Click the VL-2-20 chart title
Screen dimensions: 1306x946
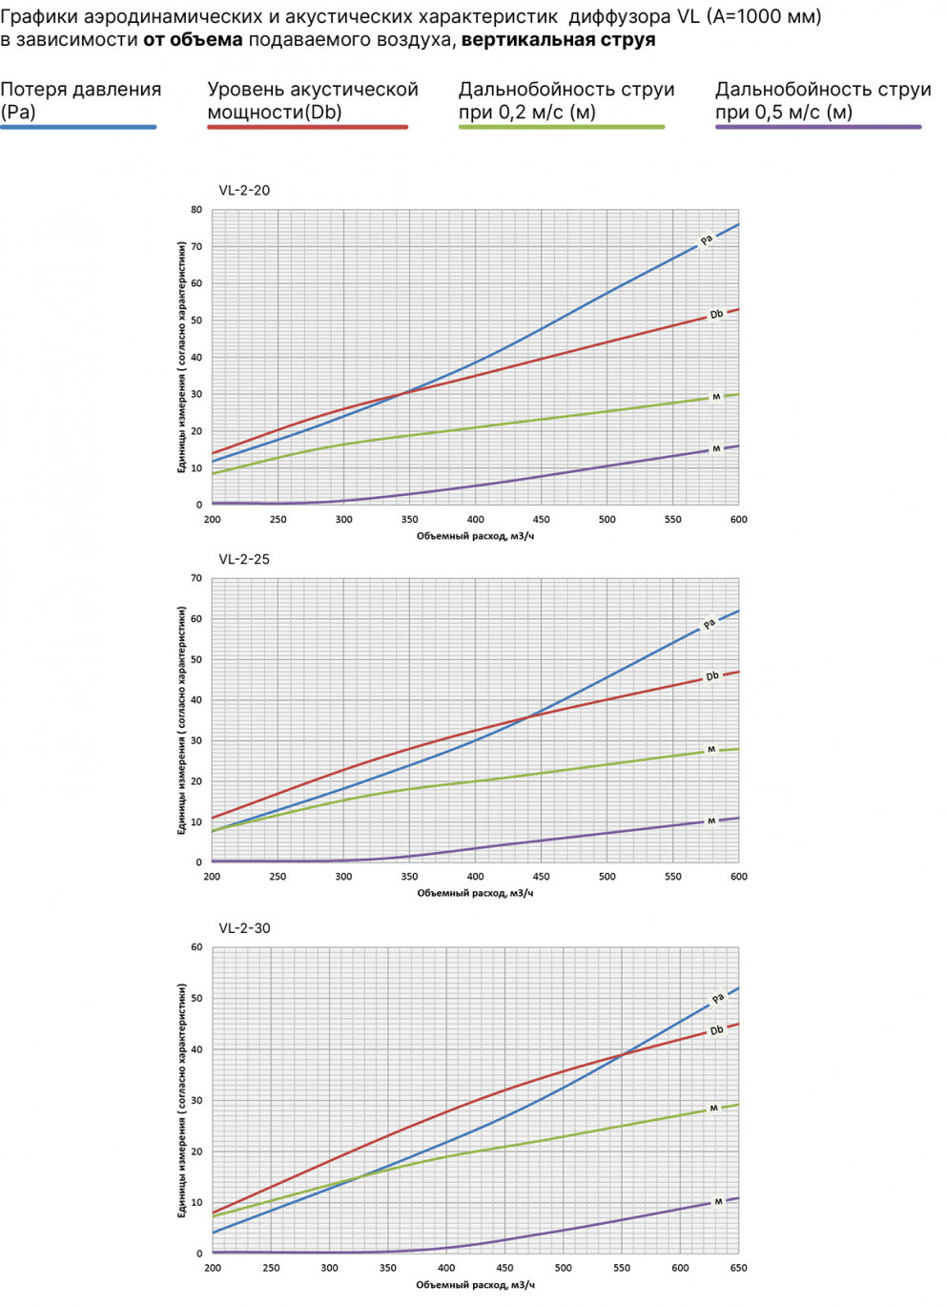click(244, 190)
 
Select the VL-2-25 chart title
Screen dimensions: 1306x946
click(244, 559)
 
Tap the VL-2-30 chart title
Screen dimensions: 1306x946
click(244, 928)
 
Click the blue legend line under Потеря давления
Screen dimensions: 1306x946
click(78, 127)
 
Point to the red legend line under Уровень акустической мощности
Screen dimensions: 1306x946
click(307, 127)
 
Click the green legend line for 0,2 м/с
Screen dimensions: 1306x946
click(561, 127)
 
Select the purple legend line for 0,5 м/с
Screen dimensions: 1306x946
click(818, 127)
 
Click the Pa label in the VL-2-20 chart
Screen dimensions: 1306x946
click(707, 239)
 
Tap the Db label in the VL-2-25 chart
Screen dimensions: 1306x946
click(711, 676)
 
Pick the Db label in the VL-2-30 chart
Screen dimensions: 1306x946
click(717, 1030)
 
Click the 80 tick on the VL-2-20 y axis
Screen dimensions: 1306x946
click(196, 210)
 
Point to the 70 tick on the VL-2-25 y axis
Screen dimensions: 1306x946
click(196, 578)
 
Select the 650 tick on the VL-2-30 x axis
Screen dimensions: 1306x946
click(738, 1268)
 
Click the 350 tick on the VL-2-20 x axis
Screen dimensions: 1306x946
click(409, 520)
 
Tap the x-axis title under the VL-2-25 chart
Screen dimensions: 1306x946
click(475, 893)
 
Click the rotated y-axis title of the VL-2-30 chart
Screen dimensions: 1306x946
click(181, 1100)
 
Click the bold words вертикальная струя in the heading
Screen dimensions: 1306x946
click(558, 40)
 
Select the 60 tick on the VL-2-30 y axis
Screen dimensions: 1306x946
click(196, 947)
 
